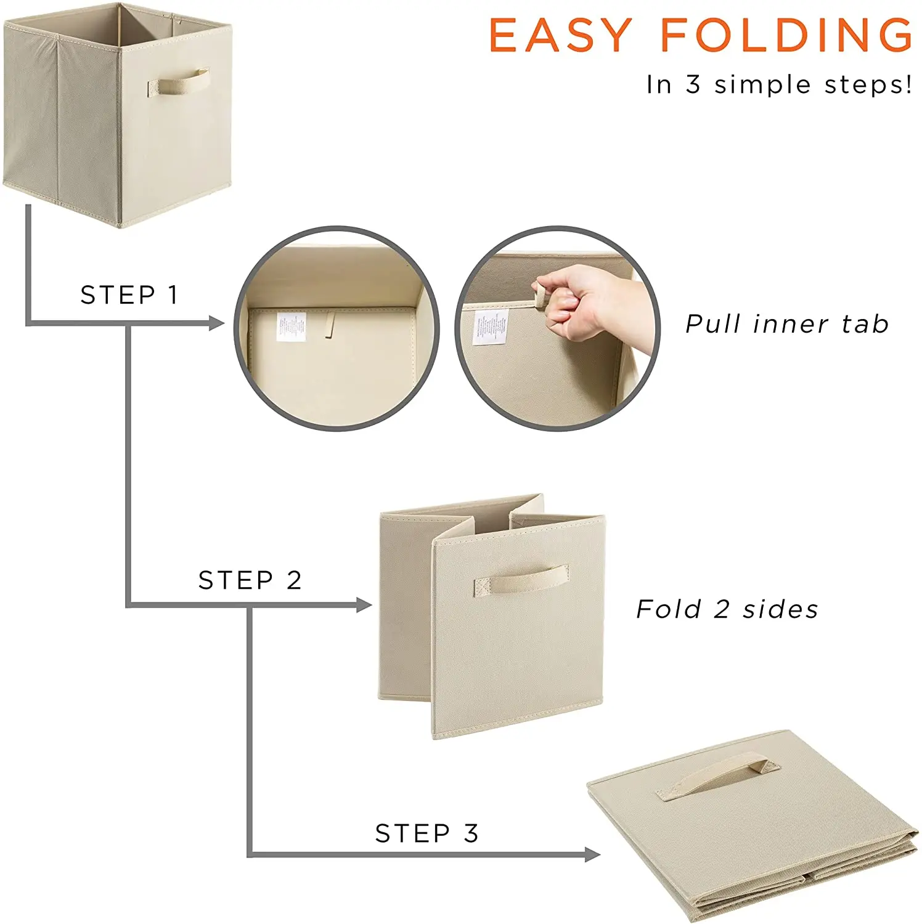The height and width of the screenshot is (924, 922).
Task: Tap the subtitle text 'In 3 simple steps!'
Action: point(779,85)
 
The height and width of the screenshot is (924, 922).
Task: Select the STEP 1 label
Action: point(129,295)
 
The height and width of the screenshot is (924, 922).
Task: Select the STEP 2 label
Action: point(250,580)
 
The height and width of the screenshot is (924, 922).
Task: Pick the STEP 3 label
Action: point(426,833)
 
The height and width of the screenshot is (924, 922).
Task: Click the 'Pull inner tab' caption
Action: point(787,324)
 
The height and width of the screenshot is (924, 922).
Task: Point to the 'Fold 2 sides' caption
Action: point(727,609)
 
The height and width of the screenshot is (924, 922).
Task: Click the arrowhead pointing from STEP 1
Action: point(216,323)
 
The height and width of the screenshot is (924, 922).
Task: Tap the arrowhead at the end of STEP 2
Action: point(364,605)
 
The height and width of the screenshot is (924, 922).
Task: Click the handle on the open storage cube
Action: point(178,83)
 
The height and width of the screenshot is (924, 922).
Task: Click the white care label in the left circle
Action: point(291,326)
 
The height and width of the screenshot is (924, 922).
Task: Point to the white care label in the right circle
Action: point(491,326)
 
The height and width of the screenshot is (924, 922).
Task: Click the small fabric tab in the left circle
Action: point(331,325)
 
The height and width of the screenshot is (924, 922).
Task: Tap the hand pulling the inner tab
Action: point(585,302)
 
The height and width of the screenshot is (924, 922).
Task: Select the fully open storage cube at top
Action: point(117,114)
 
